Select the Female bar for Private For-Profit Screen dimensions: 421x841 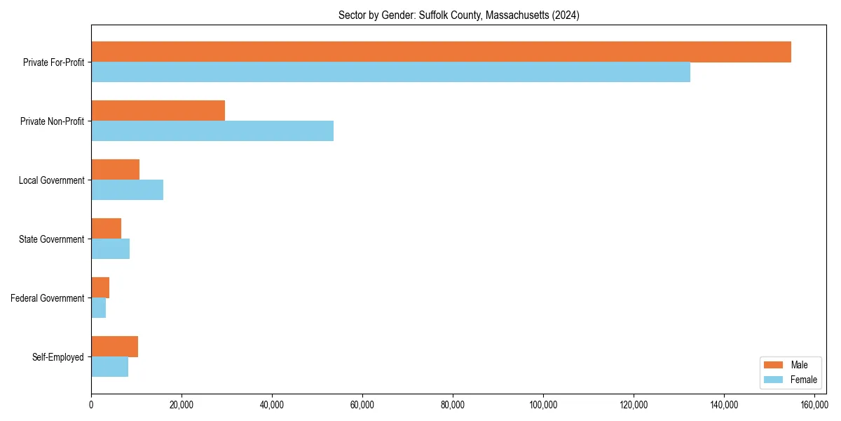390,72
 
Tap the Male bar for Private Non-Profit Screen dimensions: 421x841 158,111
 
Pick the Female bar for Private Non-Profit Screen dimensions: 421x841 212,131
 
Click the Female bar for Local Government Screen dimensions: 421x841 127,190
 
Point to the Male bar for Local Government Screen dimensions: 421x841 115,170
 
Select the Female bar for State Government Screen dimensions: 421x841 110,249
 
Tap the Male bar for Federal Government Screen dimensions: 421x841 100,288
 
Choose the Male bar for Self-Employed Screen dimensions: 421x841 114,347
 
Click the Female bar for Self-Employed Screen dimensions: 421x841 109,367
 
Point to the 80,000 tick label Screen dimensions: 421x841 453,405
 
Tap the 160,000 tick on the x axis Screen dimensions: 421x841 814,405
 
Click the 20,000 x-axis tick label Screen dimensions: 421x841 182,405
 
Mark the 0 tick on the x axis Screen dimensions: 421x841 91,405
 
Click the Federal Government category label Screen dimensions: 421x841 48,298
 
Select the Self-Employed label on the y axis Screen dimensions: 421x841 58,357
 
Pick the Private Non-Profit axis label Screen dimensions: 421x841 53,121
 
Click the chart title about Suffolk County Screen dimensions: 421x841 458,15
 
